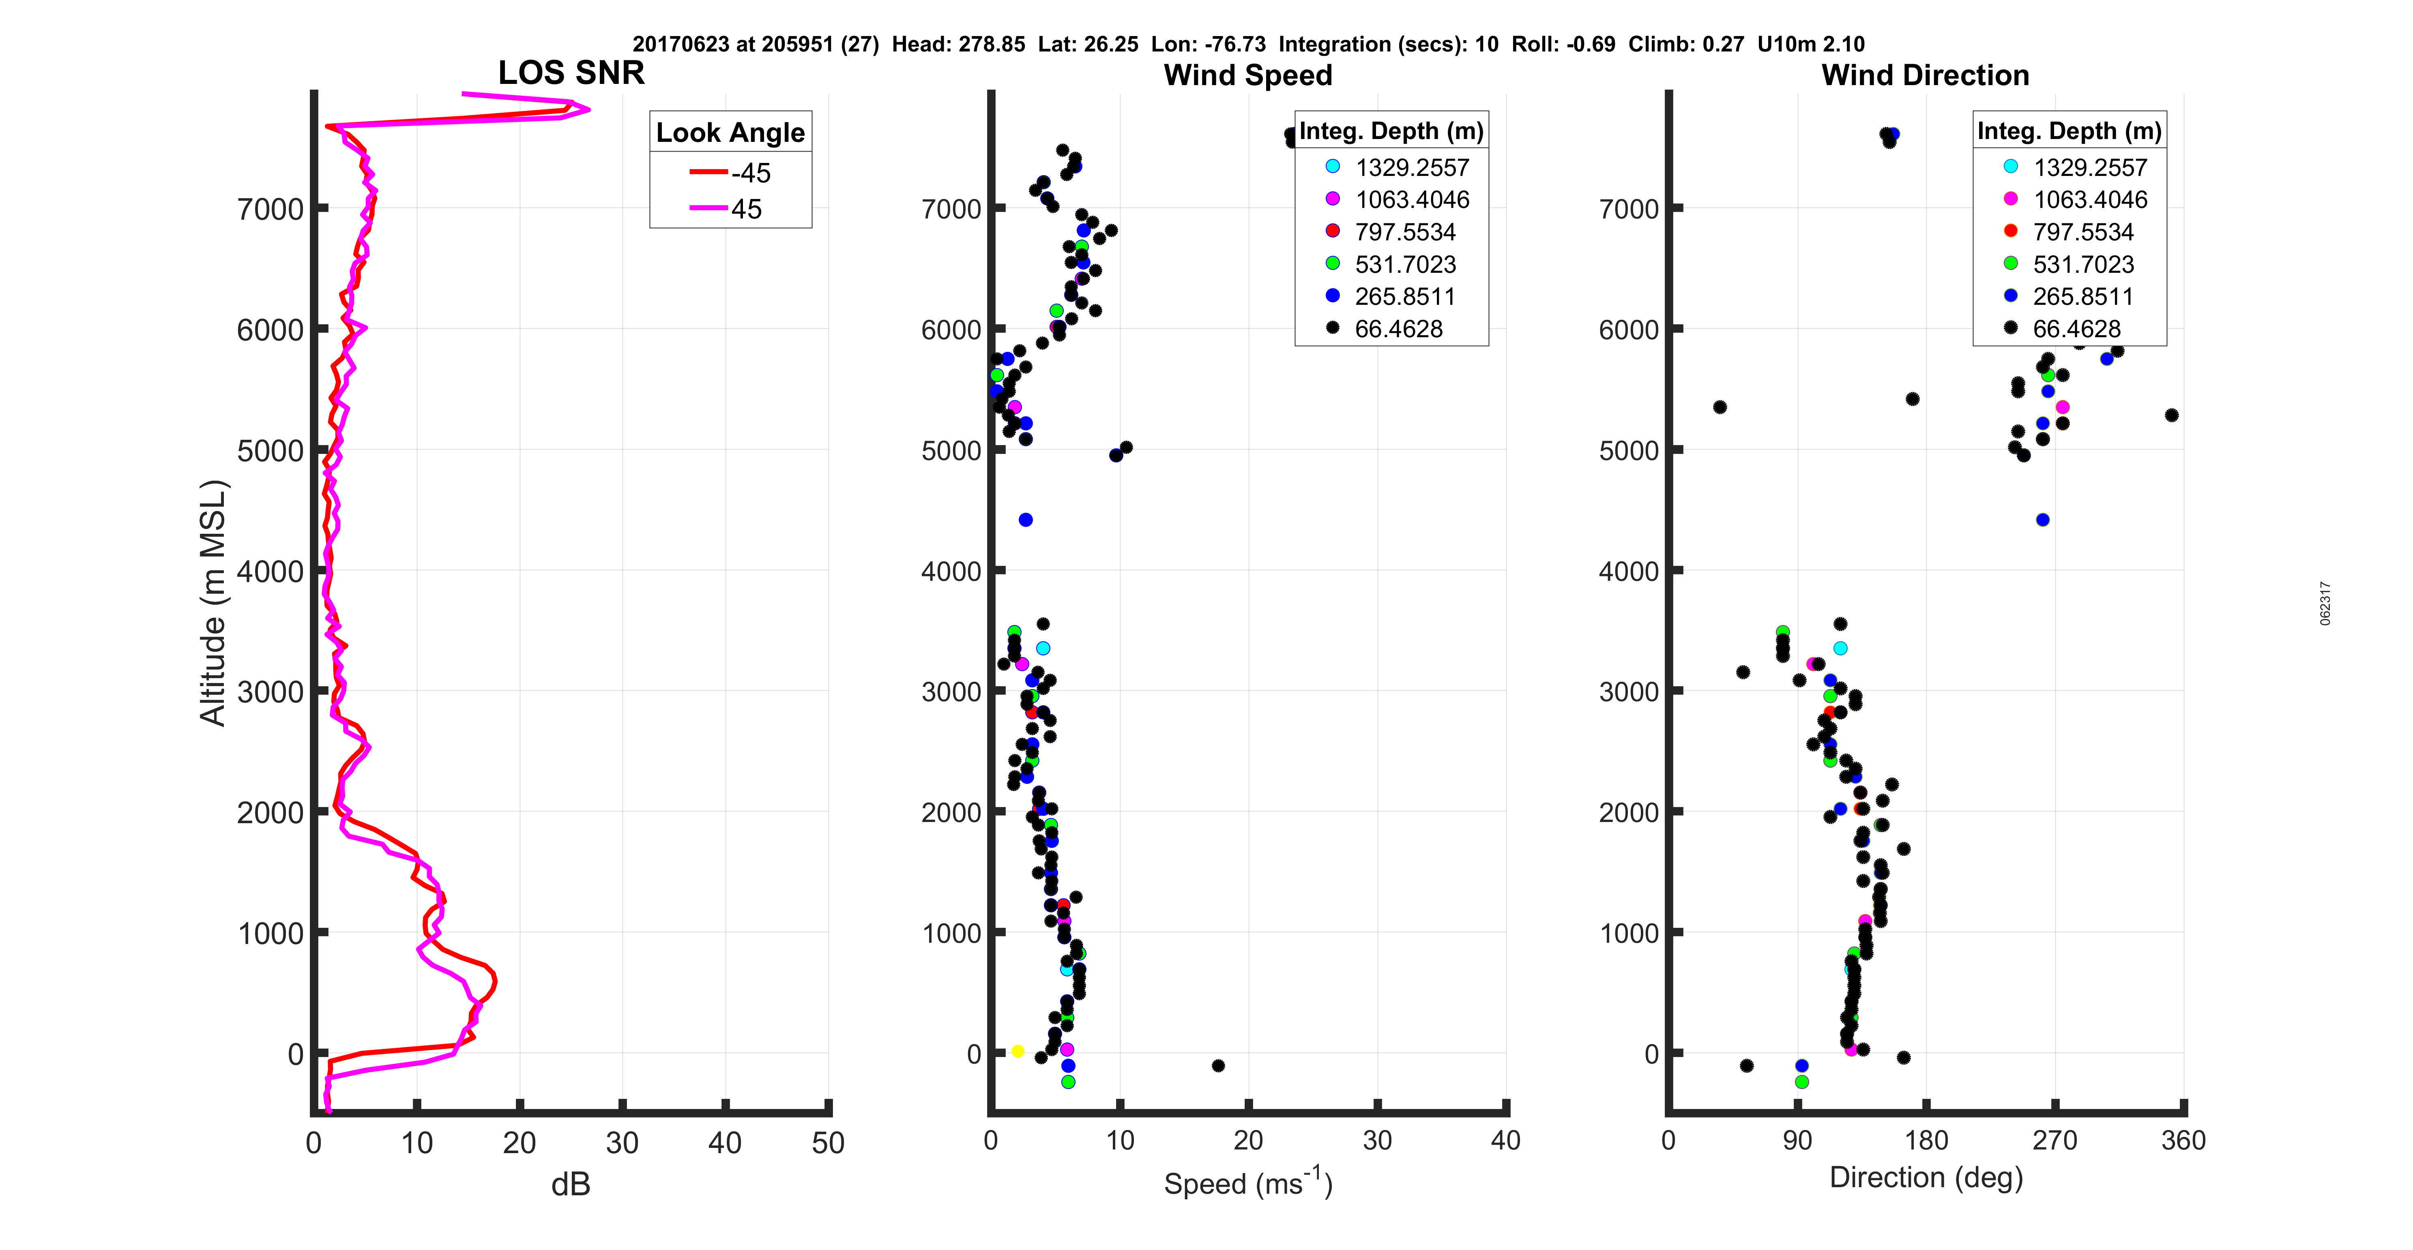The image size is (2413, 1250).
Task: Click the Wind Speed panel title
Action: coord(1248,75)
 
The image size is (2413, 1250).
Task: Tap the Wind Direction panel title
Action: coord(1925,75)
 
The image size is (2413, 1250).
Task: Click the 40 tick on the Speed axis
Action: coord(1505,1141)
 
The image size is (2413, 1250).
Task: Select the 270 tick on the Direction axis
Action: coord(2055,1141)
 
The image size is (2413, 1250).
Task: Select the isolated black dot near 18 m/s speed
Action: coord(1218,1066)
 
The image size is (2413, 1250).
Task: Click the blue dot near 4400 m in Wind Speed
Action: coord(1026,520)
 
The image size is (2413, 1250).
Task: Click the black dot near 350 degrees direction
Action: coord(2171,415)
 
